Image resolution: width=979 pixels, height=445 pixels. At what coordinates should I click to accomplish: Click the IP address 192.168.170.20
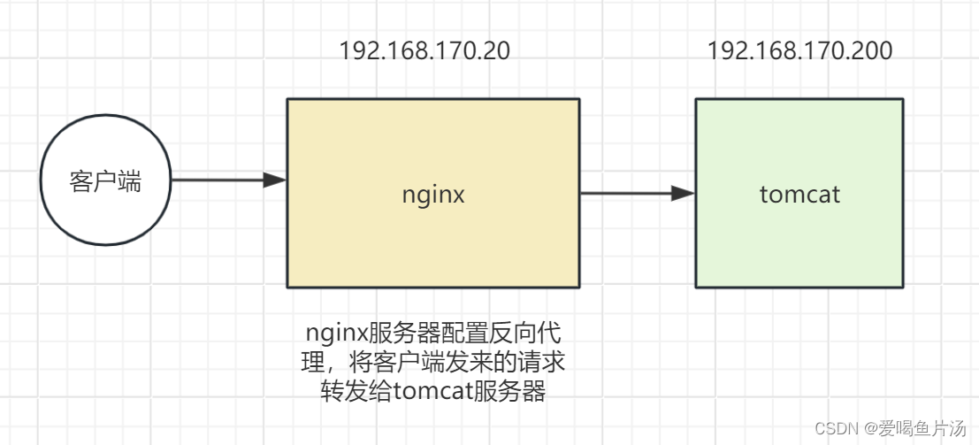coord(424,50)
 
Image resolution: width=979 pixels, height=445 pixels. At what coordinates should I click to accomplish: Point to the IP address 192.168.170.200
coord(799,50)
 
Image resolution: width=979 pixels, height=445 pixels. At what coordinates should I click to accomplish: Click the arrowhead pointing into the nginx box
coord(275,180)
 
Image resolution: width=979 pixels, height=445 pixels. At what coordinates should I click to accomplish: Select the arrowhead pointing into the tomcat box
coord(683,194)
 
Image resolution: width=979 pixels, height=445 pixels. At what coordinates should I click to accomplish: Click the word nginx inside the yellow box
coord(432,194)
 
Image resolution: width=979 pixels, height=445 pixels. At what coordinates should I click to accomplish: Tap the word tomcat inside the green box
coord(799,194)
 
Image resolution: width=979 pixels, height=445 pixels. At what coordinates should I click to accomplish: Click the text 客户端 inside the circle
coord(105,181)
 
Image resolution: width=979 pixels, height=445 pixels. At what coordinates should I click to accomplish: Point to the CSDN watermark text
coord(837,428)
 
